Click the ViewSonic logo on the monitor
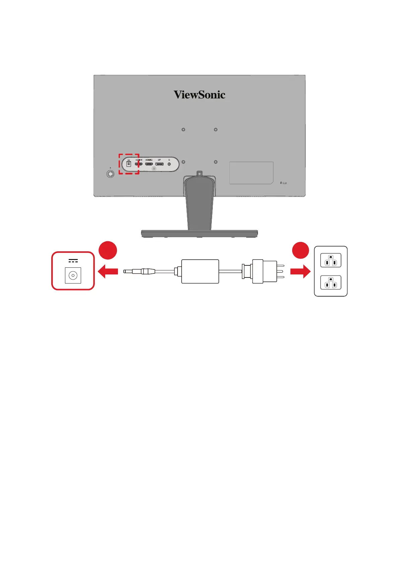point(199,95)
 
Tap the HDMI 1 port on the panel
point(138,164)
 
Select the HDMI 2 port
point(149,164)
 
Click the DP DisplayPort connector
point(159,164)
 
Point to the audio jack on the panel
point(169,164)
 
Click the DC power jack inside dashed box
point(129,164)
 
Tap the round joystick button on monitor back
point(110,174)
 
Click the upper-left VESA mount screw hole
point(183,130)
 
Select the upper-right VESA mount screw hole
point(215,130)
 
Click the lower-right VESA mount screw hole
point(215,162)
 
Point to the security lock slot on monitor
point(284,183)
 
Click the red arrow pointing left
point(108,271)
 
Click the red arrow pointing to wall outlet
point(300,271)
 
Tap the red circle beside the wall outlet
point(300,250)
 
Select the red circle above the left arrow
point(108,250)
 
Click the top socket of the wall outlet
point(331,260)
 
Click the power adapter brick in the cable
point(200,271)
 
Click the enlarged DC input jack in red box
point(73,276)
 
